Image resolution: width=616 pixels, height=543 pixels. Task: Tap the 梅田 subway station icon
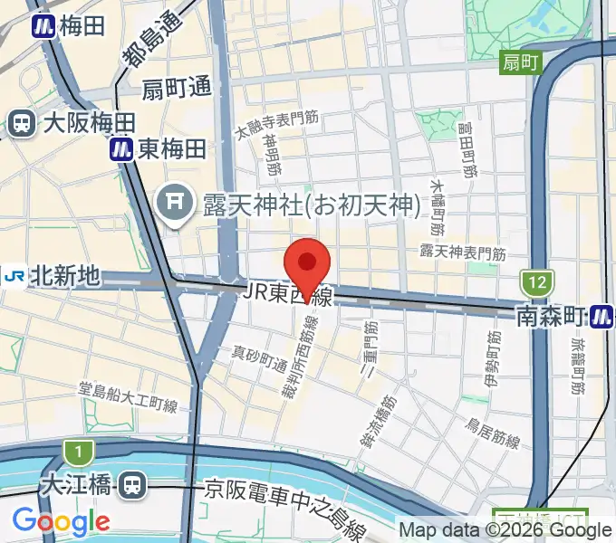43,26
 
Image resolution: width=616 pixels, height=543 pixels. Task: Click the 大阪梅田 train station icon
19,123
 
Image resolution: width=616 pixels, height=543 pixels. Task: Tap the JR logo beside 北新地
14,275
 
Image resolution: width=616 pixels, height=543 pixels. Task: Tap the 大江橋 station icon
133,486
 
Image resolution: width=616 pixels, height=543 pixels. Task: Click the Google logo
61,522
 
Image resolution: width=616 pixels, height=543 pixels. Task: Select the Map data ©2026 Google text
505,530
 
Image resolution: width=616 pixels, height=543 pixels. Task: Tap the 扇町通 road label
178,89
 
